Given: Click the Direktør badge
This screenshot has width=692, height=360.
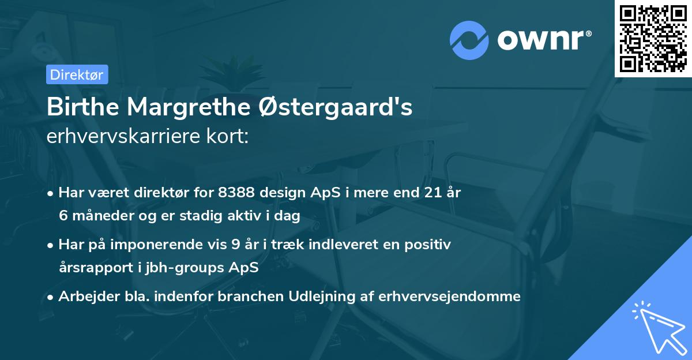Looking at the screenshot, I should coord(76,74).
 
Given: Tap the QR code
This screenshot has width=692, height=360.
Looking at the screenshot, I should coord(653,38).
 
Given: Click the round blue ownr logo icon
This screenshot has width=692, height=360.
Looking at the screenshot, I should coord(469,40).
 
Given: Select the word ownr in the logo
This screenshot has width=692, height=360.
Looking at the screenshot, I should coord(543,40).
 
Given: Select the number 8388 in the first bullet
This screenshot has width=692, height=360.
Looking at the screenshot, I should coord(235,193).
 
